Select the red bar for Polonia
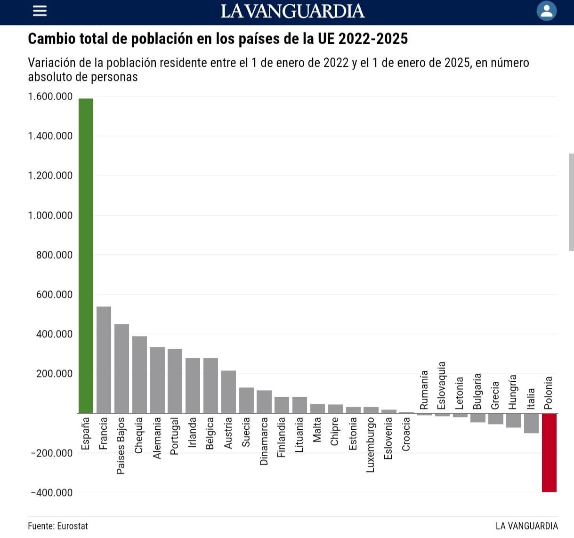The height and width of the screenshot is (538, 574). [549, 452]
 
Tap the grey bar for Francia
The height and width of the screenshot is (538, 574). [104, 360]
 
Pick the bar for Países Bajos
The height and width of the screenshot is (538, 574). [121, 369]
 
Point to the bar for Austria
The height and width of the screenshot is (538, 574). [228, 392]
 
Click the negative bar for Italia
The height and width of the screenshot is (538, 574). [531, 423]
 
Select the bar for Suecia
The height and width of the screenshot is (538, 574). [246, 401]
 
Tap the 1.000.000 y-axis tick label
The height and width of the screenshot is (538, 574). [50, 216]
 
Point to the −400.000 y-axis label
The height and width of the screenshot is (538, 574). [51, 493]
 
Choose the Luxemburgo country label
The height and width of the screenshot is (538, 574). [370, 445]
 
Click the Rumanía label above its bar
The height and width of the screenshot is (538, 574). [424, 390]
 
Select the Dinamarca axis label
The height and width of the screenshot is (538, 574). [264, 441]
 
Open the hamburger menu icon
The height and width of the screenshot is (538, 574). [40, 11]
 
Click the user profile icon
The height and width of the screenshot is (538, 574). [546, 11]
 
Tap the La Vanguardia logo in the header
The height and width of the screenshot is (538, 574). [292, 11]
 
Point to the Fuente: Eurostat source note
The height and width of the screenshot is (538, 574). [58, 526]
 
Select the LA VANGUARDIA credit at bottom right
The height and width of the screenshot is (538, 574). [526, 526]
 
